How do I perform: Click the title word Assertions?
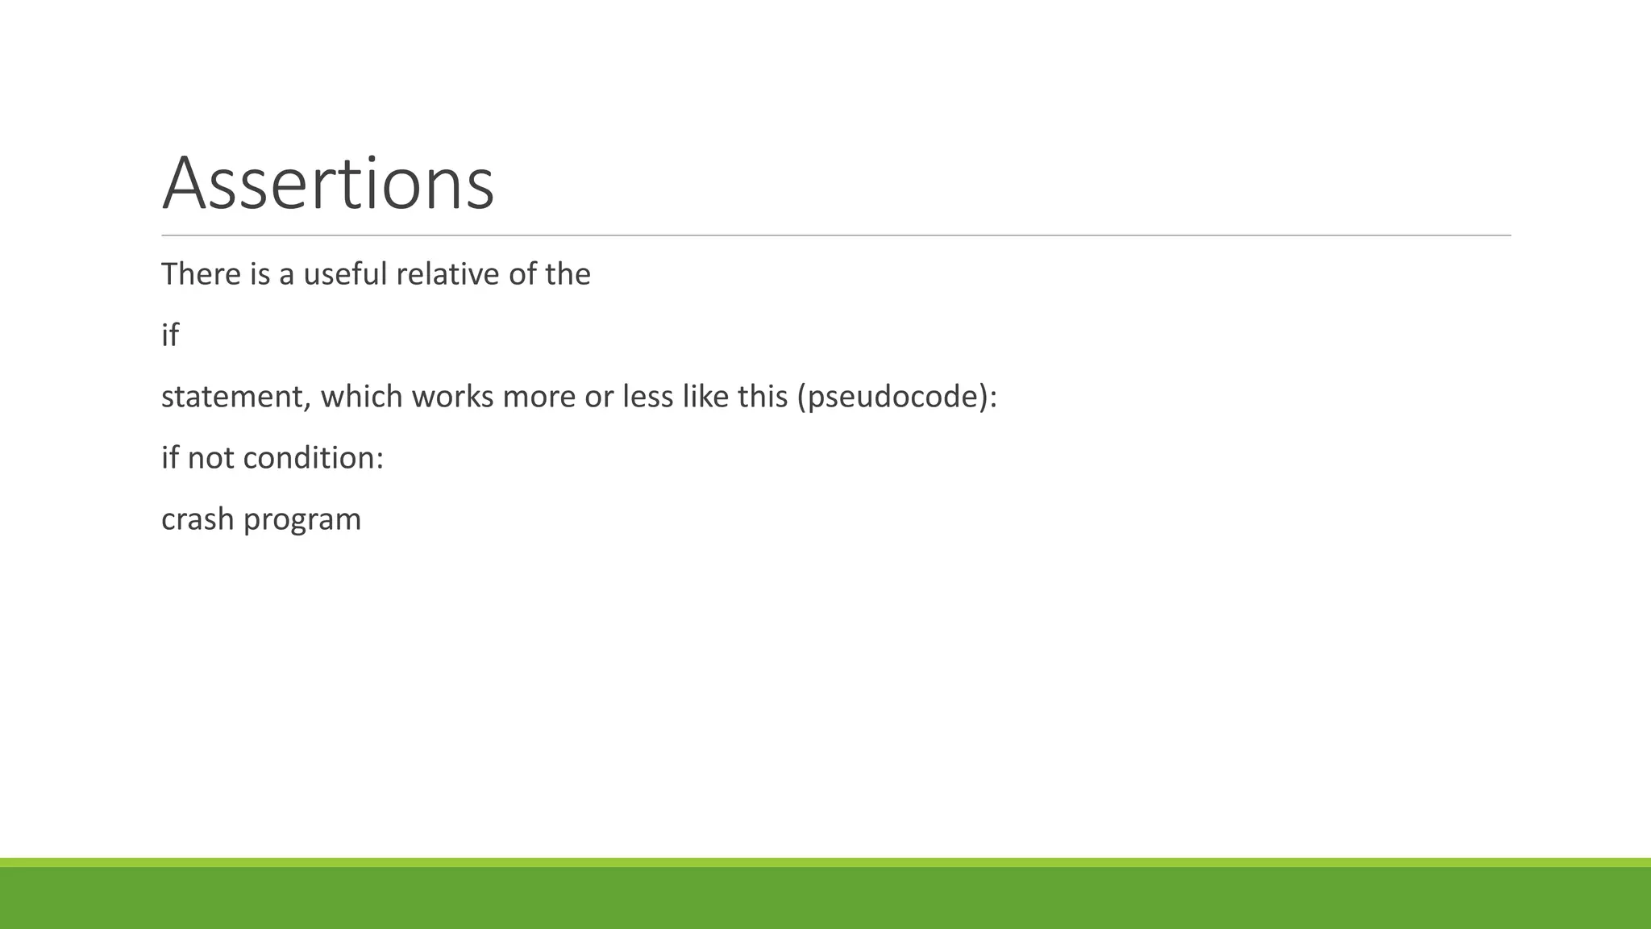[x=327, y=184]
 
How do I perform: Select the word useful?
[x=345, y=274]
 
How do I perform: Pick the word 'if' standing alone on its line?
[x=170, y=335]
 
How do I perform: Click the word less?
[x=647, y=397]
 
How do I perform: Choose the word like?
[x=705, y=397]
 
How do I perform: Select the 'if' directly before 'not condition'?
[x=170, y=458]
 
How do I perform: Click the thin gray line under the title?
[x=835, y=235]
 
